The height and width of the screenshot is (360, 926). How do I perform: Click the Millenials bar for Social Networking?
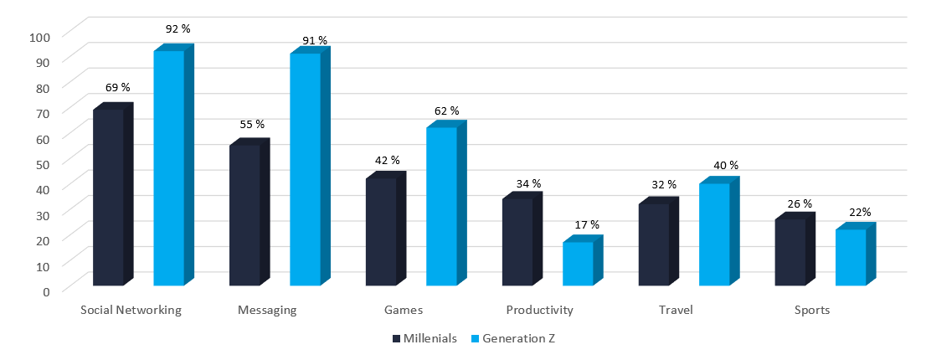click(x=108, y=198)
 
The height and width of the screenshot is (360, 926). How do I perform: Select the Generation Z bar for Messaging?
click(x=305, y=169)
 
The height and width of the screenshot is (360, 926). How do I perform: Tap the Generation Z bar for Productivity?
click(x=578, y=264)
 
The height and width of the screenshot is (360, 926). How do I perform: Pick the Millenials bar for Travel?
click(x=653, y=244)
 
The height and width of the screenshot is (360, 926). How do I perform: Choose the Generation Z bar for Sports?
click(x=851, y=257)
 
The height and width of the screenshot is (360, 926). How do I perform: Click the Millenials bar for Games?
click(x=381, y=232)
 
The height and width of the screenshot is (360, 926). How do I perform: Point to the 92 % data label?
click(x=177, y=28)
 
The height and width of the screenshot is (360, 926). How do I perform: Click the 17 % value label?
click(x=587, y=224)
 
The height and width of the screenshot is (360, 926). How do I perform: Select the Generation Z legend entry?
click(x=512, y=339)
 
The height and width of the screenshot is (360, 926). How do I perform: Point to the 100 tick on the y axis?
click(x=41, y=36)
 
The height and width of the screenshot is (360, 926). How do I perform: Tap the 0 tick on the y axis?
click(x=47, y=291)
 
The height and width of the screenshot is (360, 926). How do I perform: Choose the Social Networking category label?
click(x=131, y=310)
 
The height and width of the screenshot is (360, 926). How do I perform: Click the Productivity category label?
click(x=539, y=310)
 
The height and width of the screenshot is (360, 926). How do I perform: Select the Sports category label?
click(x=811, y=310)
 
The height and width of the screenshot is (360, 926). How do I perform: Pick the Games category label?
click(x=403, y=310)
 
